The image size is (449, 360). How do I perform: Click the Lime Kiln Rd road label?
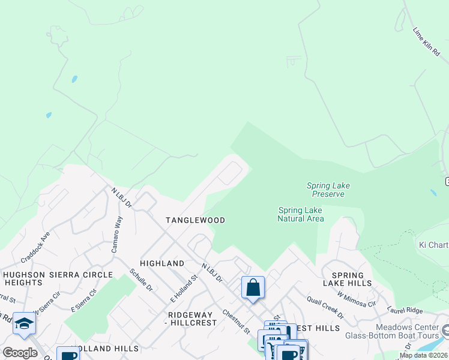[428, 42]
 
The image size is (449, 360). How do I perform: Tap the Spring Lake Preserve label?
[328, 190]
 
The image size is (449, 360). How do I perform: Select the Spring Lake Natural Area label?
[301, 214]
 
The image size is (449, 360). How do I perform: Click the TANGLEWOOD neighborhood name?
[196, 220]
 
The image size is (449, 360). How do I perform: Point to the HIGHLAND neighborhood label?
[161, 263]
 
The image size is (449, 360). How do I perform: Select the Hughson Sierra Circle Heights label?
[58, 278]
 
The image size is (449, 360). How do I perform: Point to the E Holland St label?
[184, 289]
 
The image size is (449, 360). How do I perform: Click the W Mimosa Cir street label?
[356, 299]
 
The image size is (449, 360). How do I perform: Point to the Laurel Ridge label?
[405, 310]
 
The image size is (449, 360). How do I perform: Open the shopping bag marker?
[253, 287]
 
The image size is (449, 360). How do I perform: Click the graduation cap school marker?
[24, 323]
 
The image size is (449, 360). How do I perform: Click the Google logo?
[20, 353]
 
